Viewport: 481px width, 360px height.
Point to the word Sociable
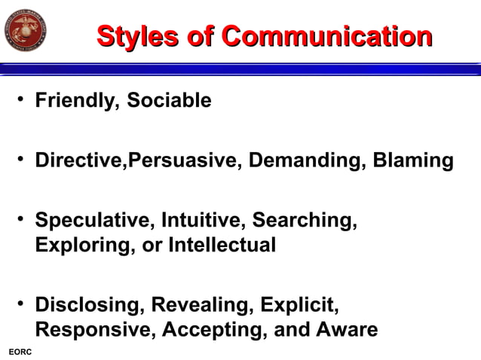[169, 100]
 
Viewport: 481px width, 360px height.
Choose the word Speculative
[93, 221]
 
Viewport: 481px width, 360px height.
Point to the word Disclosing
[90, 306]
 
